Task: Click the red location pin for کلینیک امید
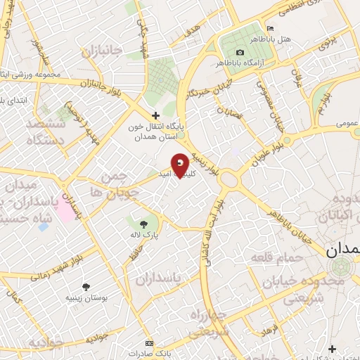click(181, 165)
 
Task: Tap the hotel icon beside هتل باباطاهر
click(270, 28)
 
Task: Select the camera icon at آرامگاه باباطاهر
click(240, 53)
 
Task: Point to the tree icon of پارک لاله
click(138, 223)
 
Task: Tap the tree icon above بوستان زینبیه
click(86, 286)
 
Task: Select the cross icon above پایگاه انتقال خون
click(156, 115)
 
